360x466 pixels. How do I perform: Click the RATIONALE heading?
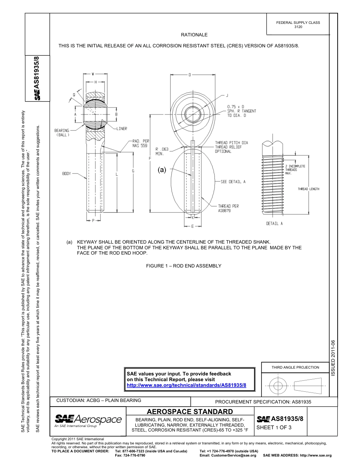(x=194, y=35)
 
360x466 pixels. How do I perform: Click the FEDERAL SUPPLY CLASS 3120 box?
(x=298, y=25)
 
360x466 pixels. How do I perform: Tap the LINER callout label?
(x=121, y=129)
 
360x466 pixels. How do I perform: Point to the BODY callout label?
(x=67, y=174)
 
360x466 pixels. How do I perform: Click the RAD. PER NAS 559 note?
(x=140, y=143)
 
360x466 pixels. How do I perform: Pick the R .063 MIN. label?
(x=162, y=152)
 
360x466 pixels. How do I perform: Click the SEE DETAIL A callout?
(x=233, y=182)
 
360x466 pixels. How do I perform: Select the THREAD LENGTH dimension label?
(x=308, y=189)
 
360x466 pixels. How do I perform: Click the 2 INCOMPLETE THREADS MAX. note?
(x=295, y=169)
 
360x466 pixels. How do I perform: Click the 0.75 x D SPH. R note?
(x=241, y=111)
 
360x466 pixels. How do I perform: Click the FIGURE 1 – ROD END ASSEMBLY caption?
(x=183, y=266)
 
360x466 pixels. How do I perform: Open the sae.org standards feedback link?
(x=186, y=385)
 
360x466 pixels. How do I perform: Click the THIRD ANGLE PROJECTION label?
(x=295, y=367)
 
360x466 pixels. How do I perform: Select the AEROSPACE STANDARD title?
(x=189, y=411)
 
